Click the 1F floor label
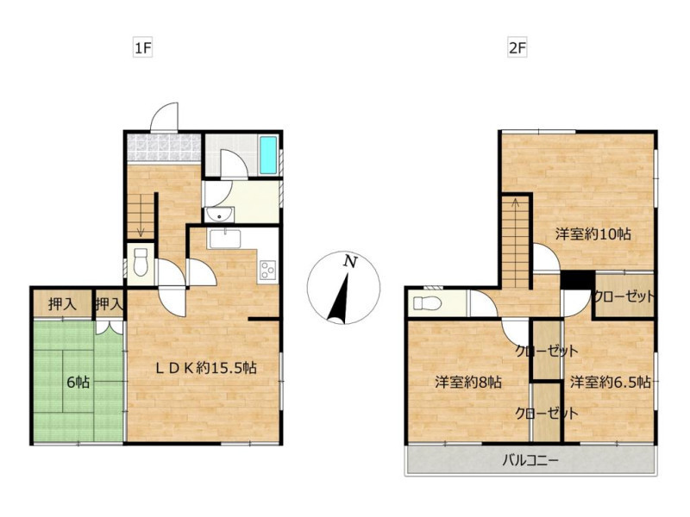pos(143,48)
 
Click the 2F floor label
pos(517,48)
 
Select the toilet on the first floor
pos(141,262)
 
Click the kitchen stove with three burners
pos(268,271)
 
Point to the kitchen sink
pos(225,239)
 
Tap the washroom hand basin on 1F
pos(219,215)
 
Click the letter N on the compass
pos(350,262)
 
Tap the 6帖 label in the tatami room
pos(78,383)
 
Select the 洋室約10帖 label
pos(593,234)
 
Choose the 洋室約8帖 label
pos(468,382)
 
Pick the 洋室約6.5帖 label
pos(611,382)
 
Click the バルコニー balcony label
pos(530,461)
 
